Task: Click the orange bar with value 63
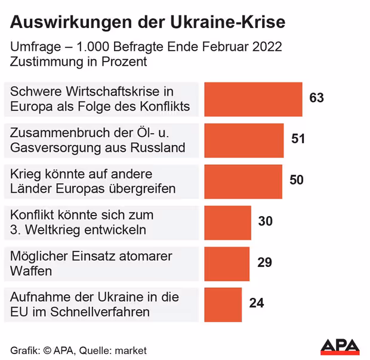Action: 253,99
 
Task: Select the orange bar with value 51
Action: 243,140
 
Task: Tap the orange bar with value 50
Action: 243,181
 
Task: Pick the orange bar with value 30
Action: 227,223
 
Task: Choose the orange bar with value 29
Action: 227,264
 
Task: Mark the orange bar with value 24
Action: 223,304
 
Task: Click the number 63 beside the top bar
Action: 316,98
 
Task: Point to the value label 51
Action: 298,139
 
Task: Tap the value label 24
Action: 257,303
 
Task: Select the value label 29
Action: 265,263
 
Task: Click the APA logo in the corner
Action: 340,346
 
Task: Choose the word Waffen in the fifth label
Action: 31,271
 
